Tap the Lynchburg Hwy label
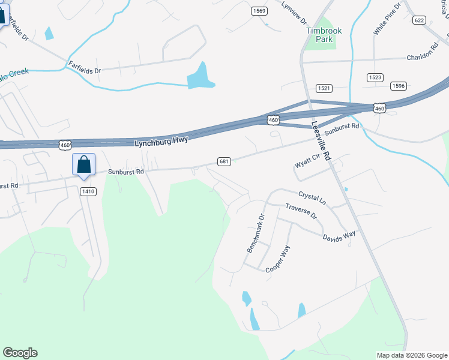(x=161, y=140)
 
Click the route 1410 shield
(x=88, y=191)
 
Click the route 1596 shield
(x=398, y=86)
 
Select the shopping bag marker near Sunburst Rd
(x=83, y=164)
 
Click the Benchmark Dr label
(x=255, y=233)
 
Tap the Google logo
(x=20, y=353)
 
